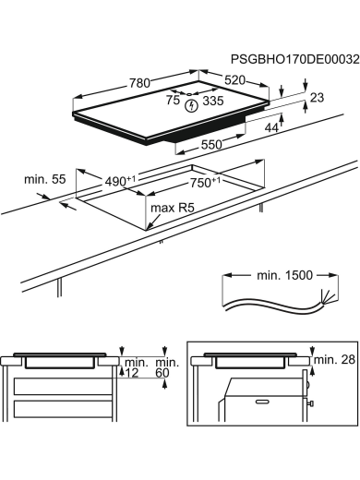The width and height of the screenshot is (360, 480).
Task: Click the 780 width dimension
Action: point(139,83)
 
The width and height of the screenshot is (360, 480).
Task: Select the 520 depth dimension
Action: point(234,80)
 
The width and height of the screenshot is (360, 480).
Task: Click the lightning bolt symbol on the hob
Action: point(192,106)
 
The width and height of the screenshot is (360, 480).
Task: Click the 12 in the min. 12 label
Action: point(134,373)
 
